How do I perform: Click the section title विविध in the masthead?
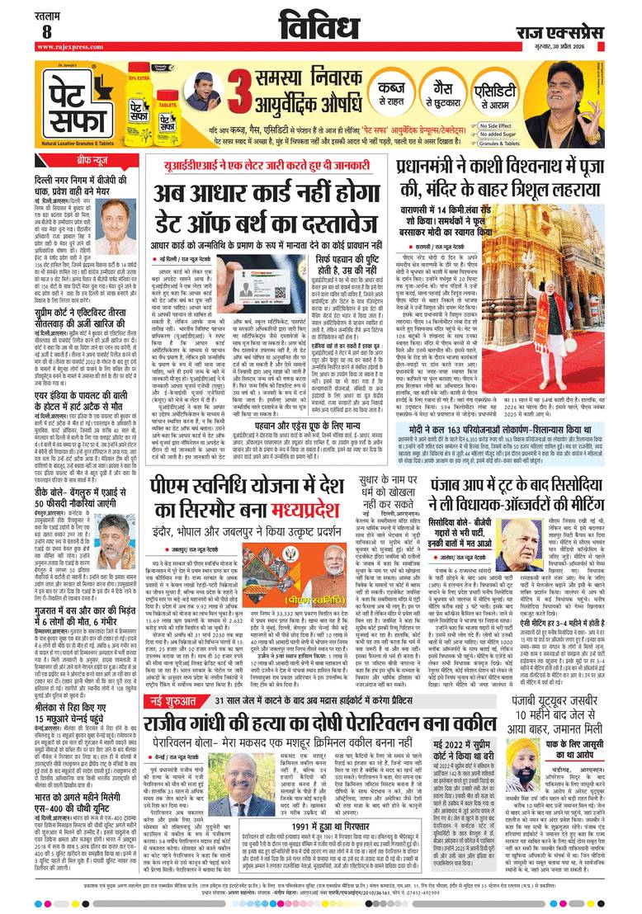(x=320, y=24)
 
